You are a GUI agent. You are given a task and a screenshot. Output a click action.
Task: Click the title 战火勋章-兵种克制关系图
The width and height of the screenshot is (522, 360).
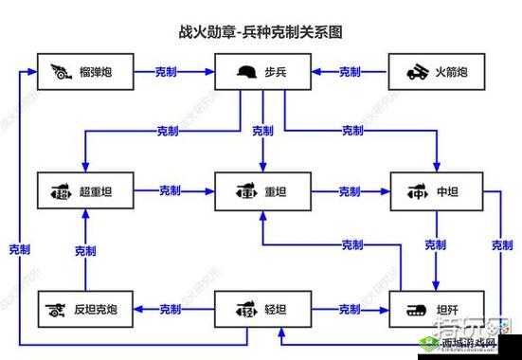tap(260, 31)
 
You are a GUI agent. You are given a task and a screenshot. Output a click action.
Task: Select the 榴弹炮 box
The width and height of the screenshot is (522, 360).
tap(85, 71)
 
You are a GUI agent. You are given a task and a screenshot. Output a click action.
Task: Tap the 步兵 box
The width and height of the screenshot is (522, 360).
tap(261, 71)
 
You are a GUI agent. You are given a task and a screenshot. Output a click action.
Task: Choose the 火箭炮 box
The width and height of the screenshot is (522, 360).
tap(436, 71)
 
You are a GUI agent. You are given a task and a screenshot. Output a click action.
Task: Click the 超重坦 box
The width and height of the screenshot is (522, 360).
tap(85, 191)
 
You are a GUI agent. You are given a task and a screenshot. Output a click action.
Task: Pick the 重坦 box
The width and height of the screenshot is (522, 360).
tap(261, 191)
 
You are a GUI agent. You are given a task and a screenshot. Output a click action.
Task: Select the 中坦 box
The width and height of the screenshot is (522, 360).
tap(436, 191)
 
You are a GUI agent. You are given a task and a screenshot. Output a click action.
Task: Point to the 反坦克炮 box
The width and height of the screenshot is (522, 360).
tap(85, 309)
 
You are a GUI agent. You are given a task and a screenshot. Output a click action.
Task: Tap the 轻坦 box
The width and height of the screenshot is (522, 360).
tap(261, 309)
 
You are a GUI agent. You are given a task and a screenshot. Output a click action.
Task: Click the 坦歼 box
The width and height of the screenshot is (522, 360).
tap(436, 309)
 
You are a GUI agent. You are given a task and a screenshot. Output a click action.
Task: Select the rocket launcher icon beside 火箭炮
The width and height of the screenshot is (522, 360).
tap(418, 71)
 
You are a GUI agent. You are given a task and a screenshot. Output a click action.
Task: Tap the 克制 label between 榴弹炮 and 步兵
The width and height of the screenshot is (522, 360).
tap(171, 71)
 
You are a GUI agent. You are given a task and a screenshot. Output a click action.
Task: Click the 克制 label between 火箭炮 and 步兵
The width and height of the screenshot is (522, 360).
tap(350, 71)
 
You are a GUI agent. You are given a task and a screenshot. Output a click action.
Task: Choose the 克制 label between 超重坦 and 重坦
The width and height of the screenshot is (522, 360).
tap(171, 191)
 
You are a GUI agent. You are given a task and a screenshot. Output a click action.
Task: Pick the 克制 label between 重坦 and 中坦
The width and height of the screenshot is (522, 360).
tap(350, 191)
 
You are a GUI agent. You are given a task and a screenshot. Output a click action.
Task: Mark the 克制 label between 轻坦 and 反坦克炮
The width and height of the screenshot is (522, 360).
tap(171, 309)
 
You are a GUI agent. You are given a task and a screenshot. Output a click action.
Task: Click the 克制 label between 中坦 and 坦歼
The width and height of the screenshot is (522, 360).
tap(435, 244)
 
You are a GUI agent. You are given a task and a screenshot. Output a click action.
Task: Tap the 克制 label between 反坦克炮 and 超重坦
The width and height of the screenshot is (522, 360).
tap(85, 251)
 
